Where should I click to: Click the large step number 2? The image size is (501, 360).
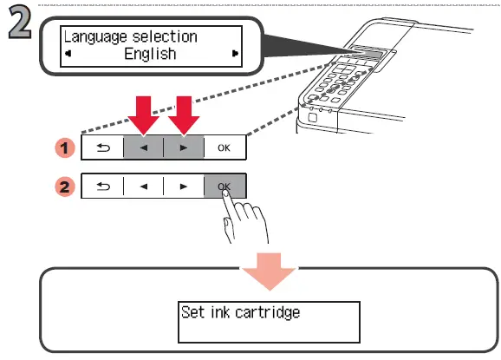[x=19, y=25]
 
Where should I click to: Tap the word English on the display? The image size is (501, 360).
[x=150, y=54]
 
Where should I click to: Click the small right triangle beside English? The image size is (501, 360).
[x=234, y=54]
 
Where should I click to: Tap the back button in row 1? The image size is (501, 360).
[x=102, y=147]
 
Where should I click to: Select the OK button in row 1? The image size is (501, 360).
[x=224, y=147]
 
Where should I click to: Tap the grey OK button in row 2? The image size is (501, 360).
[x=224, y=187]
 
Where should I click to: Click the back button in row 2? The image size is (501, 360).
[x=102, y=187]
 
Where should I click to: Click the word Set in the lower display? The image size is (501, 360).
[x=192, y=311]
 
